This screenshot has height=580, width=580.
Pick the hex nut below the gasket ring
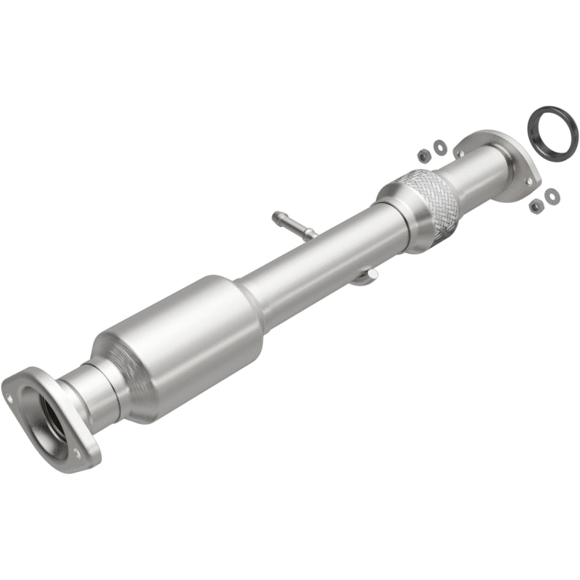535,206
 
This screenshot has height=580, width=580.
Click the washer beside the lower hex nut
551,195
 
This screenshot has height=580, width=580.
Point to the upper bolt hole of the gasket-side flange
458,151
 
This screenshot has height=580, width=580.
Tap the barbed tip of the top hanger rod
278,216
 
